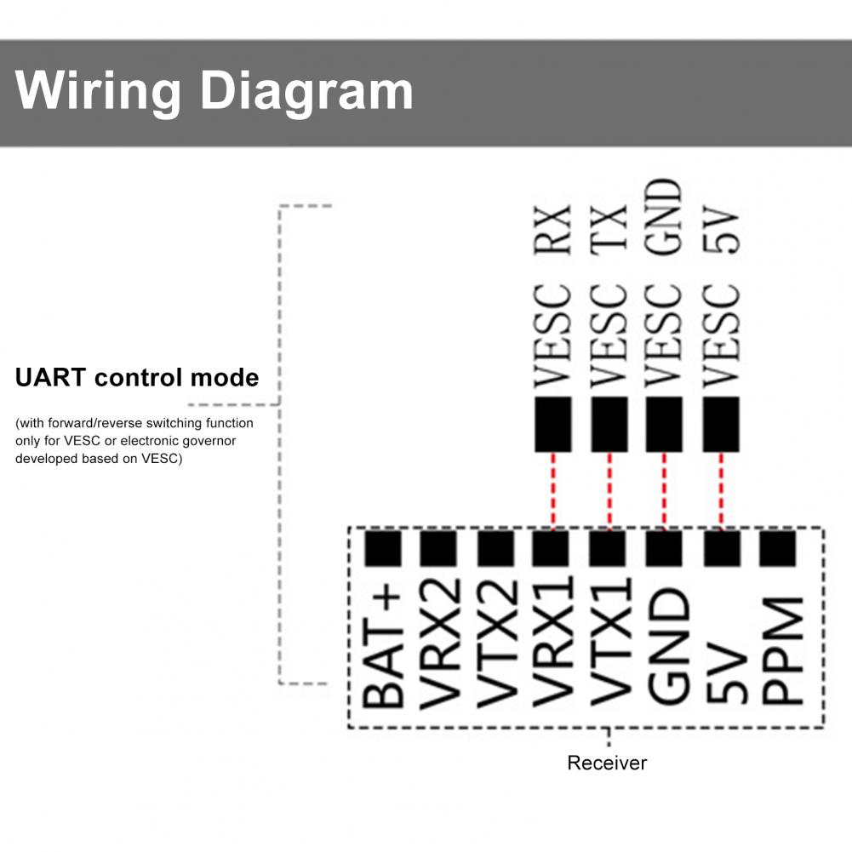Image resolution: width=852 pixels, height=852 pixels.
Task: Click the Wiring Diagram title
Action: [x=214, y=91]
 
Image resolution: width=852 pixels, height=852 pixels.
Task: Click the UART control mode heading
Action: [x=137, y=377]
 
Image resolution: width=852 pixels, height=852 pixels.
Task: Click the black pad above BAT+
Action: [x=383, y=549]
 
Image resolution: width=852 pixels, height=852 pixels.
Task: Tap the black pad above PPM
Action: [x=777, y=549]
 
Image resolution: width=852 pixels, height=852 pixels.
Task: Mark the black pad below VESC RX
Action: [x=553, y=424]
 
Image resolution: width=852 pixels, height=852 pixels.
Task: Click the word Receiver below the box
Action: [x=607, y=763]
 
